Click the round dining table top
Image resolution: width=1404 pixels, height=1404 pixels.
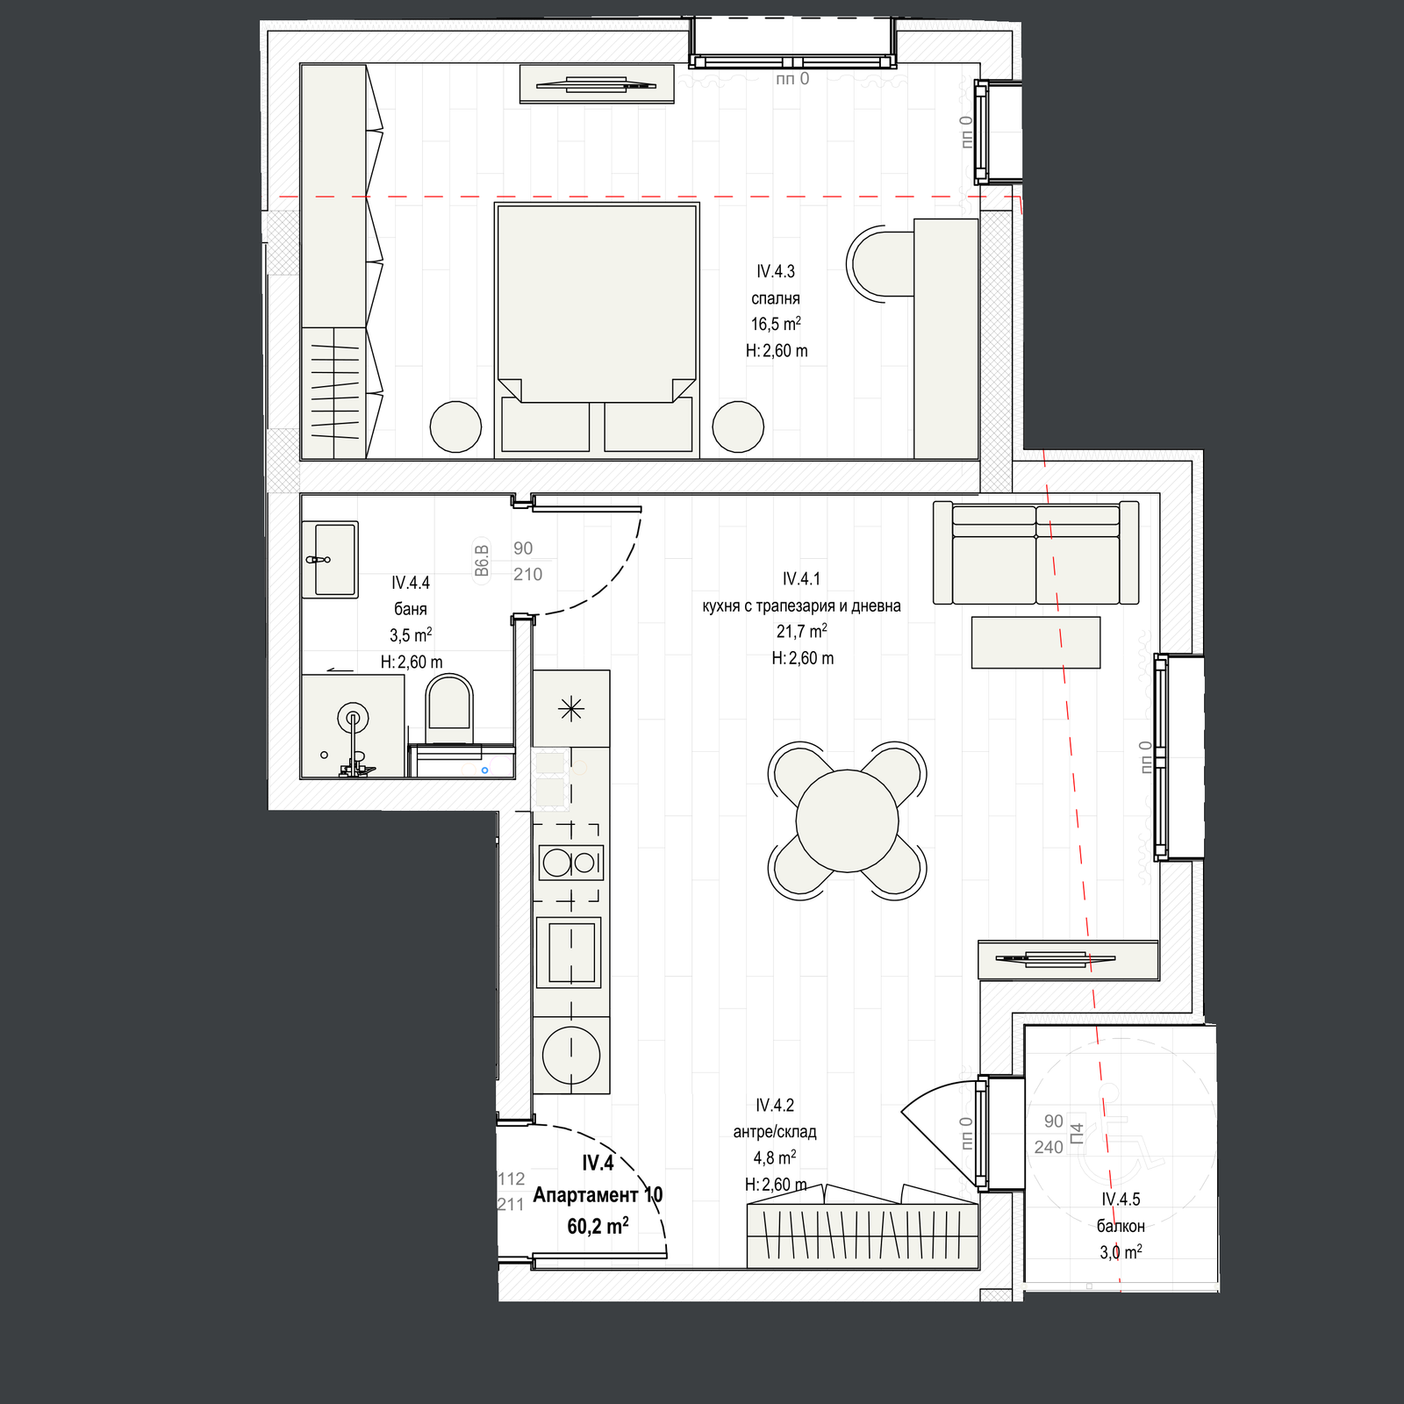click(847, 820)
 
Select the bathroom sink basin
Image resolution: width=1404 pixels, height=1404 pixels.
click(334, 559)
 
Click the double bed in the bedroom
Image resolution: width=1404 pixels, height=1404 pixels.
click(597, 329)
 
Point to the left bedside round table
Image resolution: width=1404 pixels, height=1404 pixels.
click(455, 426)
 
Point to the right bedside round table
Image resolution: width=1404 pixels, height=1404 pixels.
click(738, 426)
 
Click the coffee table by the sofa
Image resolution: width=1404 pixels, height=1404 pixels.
click(1035, 642)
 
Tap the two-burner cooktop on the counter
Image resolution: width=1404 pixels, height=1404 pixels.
click(571, 863)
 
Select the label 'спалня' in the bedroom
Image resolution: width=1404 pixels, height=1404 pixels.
click(776, 298)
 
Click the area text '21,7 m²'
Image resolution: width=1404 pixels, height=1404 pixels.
click(801, 631)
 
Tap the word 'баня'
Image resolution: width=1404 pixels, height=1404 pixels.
click(411, 608)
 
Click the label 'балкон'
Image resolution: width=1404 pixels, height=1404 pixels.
click(1121, 1226)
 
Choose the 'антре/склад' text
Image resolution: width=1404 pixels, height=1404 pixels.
click(775, 1132)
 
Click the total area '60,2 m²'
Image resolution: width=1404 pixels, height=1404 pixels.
click(598, 1225)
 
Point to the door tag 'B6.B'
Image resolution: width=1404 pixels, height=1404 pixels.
click(481, 561)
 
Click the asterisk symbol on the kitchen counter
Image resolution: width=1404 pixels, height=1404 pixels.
click(571, 708)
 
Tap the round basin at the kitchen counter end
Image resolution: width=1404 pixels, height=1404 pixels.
click(571, 1055)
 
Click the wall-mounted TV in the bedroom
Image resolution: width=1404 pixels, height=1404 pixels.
click(597, 84)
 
